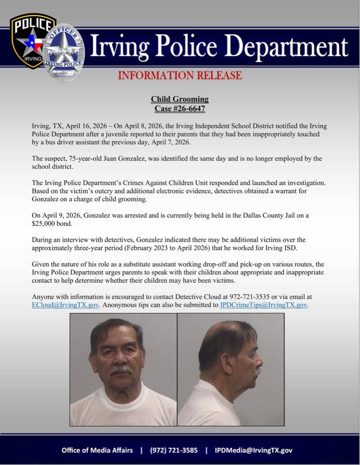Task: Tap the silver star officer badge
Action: pos(64,52)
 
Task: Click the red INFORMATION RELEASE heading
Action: pos(180,75)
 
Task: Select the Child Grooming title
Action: pos(180,99)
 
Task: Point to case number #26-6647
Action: pos(180,108)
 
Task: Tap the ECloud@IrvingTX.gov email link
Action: pos(65,305)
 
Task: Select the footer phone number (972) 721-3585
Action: pos(174,450)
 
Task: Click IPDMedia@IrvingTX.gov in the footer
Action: pos(253,450)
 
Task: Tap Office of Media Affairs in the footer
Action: pos(97,450)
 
